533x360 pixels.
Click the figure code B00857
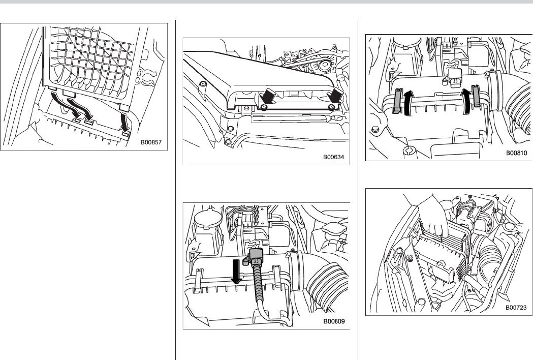point(151,143)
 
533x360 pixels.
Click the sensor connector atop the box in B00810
point(453,76)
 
